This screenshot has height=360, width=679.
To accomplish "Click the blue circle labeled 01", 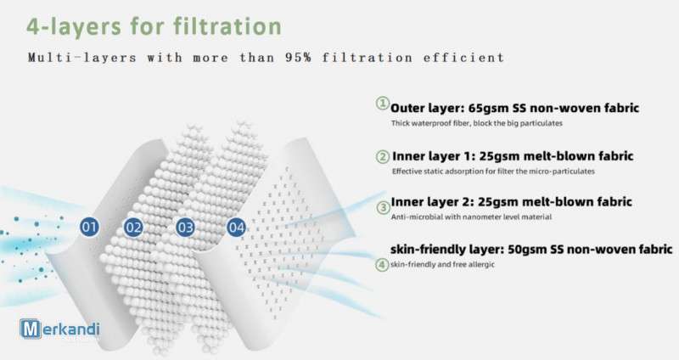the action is (x=89, y=227).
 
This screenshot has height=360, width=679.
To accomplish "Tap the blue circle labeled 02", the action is (x=133, y=228).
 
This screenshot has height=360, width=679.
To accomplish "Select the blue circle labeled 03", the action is (x=185, y=228).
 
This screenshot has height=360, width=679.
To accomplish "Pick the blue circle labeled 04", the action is (x=237, y=228).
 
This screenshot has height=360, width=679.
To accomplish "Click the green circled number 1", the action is (x=383, y=104).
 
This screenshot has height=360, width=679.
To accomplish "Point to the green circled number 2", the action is (x=383, y=156).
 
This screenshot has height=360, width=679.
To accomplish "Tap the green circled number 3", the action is (x=383, y=208).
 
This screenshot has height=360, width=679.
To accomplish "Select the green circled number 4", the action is (x=381, y=264).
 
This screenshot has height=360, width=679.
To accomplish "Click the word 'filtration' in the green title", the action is (x=227, y=26).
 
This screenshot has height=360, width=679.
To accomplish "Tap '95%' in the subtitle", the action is (x=298, y=58).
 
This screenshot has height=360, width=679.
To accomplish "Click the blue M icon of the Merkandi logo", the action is (x=31, y=329).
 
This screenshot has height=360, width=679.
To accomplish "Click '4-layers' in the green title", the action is (x=74, y=27).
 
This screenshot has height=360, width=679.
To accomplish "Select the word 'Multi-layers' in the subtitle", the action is (x=81, y=58).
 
